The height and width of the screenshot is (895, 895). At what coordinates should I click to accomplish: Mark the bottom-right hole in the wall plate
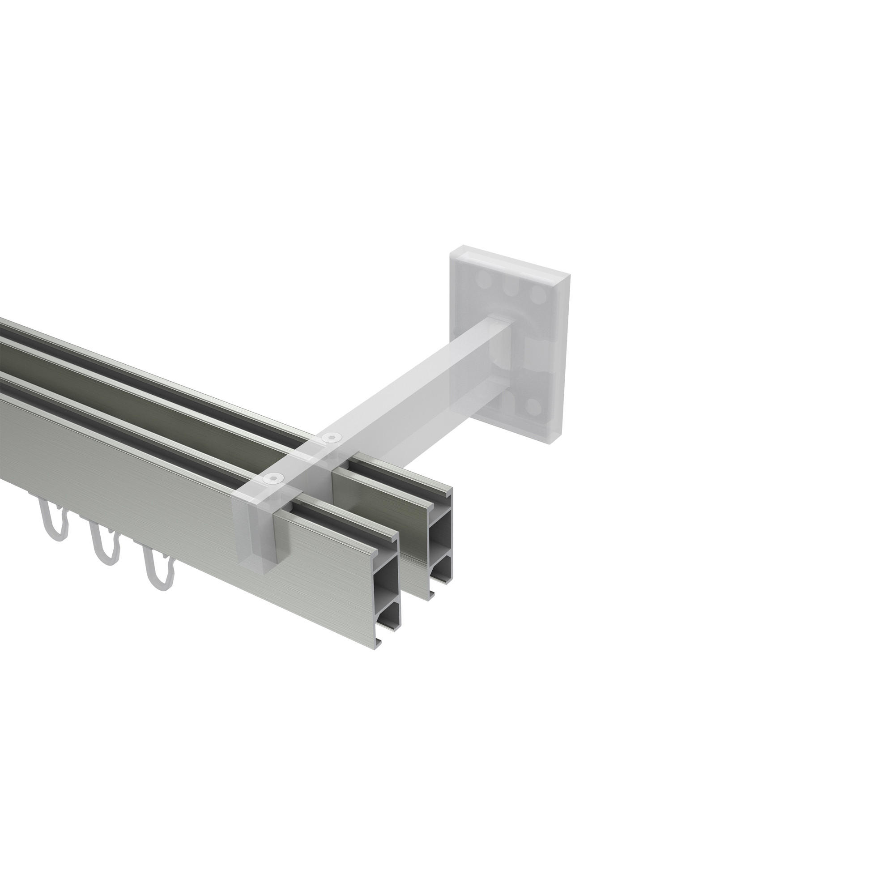536,407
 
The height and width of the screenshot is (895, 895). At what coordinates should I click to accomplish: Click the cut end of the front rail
386,593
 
